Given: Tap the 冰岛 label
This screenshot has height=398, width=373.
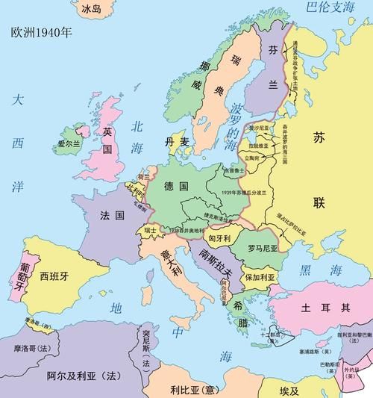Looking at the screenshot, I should [x=90, y=9].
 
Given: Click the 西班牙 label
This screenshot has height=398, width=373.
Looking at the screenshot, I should [x=54, y=273].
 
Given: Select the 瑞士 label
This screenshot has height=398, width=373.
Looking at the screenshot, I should [x=150, y=230].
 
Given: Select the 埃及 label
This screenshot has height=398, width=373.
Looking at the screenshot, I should [x=288, y=391].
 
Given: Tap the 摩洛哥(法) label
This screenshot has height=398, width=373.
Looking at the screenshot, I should [x=30, y=348].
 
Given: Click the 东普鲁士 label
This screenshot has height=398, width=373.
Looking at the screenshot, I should [x=234, y=171].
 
